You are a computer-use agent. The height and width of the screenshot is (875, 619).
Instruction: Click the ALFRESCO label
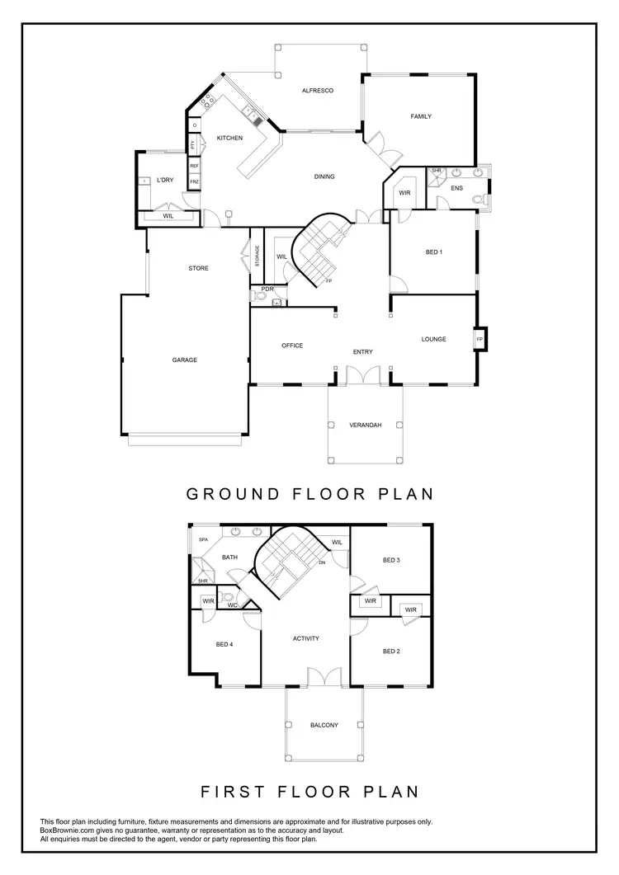coord(317,90)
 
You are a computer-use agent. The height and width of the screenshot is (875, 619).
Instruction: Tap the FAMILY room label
coord(421,116)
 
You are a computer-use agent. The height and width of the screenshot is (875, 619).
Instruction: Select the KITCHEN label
coord(229,138)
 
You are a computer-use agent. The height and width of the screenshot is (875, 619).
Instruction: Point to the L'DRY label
coord(164,179)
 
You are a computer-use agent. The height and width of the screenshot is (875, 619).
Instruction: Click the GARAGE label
coord(184,360)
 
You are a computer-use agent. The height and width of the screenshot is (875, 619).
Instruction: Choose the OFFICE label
coord(292,346)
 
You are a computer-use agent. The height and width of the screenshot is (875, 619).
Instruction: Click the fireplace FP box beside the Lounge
coord(479,339)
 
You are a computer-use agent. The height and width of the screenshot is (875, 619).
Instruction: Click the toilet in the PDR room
coord(262,303)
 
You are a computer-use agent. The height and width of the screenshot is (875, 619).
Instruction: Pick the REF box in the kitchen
coord(194,166)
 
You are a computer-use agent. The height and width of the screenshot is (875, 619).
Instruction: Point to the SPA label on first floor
coord(203,540)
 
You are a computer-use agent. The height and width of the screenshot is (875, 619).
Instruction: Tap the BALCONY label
coord(324,725)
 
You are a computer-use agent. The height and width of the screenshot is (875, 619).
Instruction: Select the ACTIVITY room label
coord(305,638)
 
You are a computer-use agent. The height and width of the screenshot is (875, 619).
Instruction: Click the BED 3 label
coord(391,560)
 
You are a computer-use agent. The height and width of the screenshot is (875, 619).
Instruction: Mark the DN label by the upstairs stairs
coord(323,562)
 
